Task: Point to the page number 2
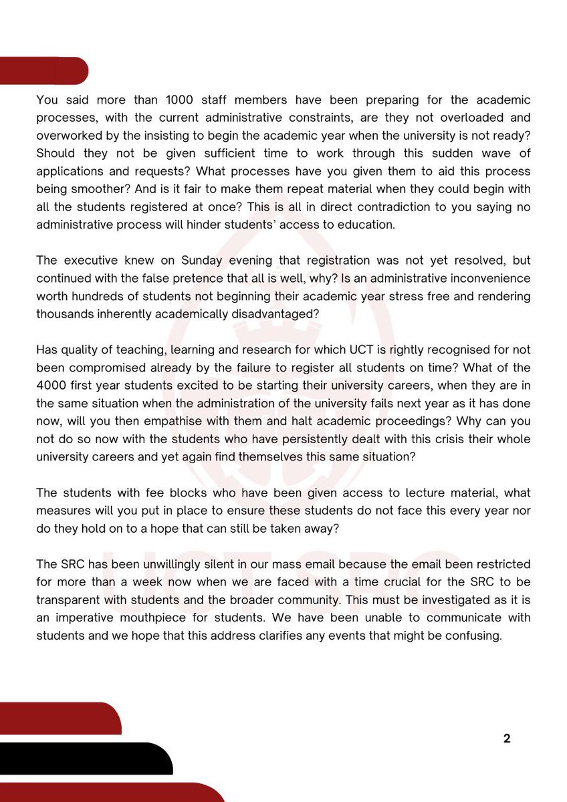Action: [506, 739]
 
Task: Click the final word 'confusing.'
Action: [473, 636]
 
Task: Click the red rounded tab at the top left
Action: [43, 71]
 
